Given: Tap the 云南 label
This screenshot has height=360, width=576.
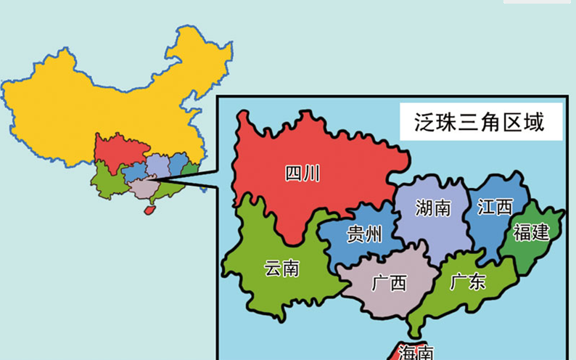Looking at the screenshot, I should [281, 268].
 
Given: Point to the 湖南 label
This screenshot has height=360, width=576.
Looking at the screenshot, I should [433, 208].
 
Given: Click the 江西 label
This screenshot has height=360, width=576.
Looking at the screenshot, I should [495, 207].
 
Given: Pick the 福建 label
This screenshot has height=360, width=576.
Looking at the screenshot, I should [531, 232].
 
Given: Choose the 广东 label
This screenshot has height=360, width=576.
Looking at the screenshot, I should [467, 282].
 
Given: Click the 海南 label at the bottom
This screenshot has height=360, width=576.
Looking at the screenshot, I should [416, 353].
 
